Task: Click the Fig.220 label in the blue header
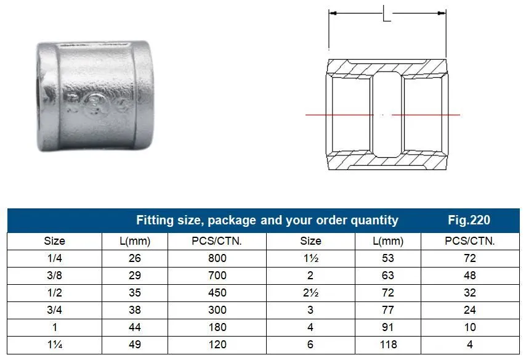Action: pos(469,220)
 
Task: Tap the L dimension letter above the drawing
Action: pos(387,14)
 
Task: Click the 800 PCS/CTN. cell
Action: pos(217,258)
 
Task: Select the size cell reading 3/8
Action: pos(54,276)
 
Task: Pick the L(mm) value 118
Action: pos(388,345)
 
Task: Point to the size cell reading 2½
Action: pos(310,293)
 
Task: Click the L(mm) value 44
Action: pos(134,327)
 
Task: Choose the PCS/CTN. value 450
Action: pos(217,293)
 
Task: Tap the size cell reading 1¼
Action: pos(55,345)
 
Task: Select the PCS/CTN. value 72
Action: pos(469,258)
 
